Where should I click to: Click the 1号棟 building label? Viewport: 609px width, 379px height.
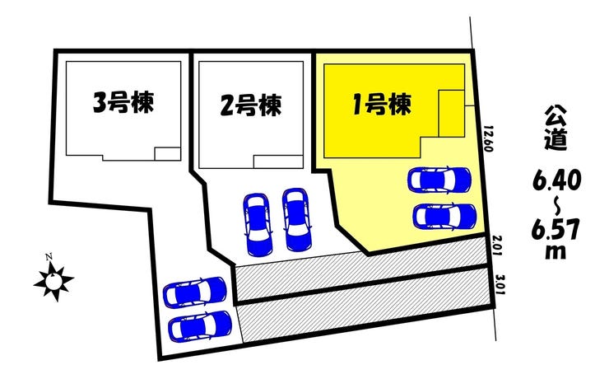tap(381, 105)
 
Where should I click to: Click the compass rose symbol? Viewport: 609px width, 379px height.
tap(54, 282)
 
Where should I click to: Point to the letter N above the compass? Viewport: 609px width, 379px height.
tap(49, 257)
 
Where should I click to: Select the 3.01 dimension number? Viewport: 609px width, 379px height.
tap(500, 288)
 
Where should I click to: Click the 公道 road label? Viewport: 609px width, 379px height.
tap(556, 128)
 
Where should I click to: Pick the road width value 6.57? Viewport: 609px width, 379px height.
tap(556, 229)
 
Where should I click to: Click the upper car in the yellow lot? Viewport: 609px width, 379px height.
tap(439, 179)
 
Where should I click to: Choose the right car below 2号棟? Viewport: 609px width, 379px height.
tap(295, 218)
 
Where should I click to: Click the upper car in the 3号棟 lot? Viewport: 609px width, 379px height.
tap(195, 292)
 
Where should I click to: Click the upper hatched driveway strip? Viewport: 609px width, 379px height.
tap(362, 269)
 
